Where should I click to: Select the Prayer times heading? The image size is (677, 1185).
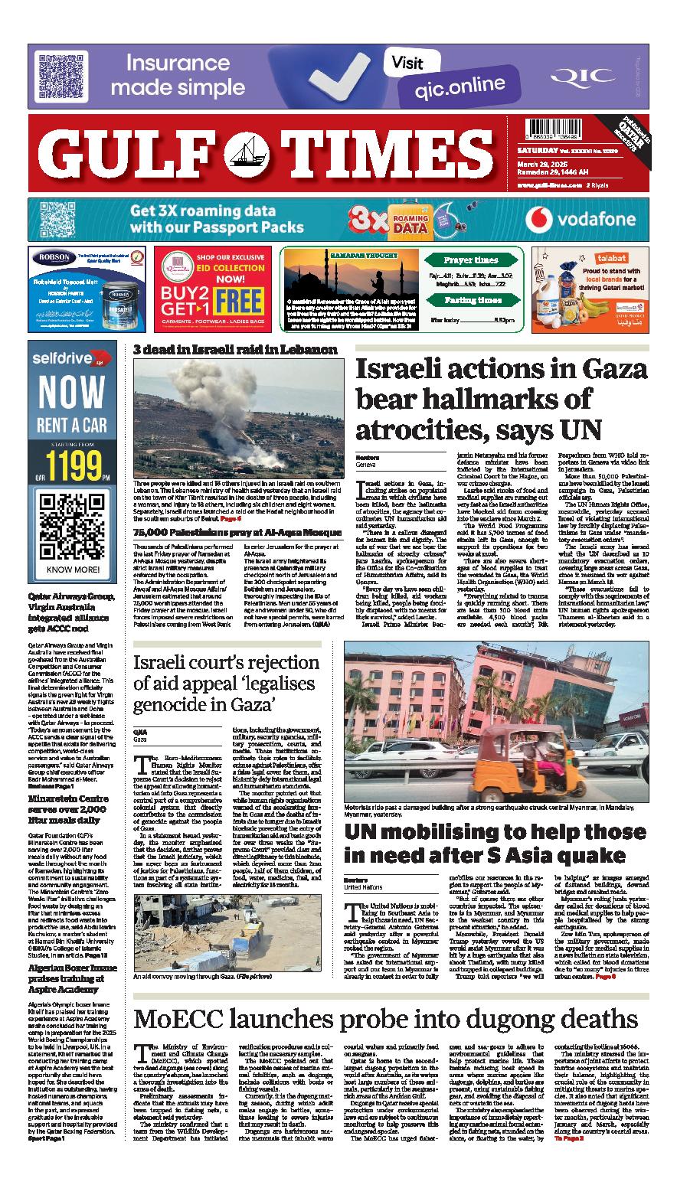point(471,260)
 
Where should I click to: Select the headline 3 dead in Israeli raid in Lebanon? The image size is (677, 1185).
point(235,350)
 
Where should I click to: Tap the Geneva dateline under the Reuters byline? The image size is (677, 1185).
point(366,465)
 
